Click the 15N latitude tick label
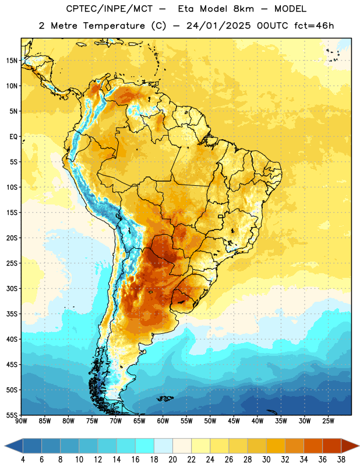12,61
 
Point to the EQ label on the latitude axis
13,137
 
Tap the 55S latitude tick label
12,415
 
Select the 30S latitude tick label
12,288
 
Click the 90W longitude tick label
21,421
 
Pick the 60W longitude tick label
163,421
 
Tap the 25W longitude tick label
328,421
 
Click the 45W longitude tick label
234,421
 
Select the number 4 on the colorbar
23,460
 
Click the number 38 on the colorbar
341,460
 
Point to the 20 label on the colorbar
172,460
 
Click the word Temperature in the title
114,26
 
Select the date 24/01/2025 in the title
218,26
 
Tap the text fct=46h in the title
314,26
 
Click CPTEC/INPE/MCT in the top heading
109,9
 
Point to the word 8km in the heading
243,9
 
